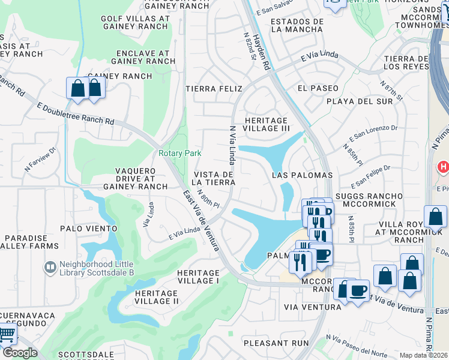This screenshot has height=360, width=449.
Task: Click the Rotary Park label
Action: [179, 153]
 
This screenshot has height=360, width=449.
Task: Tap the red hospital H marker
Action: [443, 166]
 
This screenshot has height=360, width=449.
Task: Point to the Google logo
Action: [19, 353]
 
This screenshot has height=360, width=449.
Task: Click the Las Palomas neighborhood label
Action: [302, 175]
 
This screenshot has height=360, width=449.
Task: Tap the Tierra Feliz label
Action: [212, 89]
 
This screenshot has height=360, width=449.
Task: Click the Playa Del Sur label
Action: [359, 101]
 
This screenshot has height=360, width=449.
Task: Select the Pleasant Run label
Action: [276, 343]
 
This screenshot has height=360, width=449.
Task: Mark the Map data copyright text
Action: [424, 355]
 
